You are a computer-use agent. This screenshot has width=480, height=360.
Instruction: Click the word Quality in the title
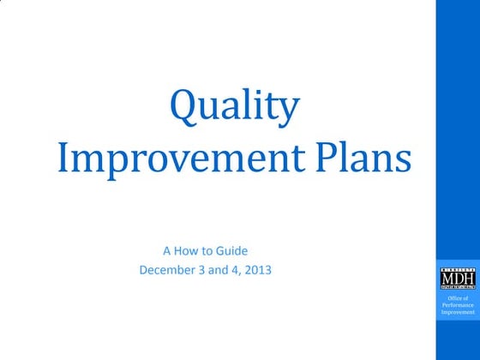click(235, 106)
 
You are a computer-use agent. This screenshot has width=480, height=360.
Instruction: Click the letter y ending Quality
click(291, 110)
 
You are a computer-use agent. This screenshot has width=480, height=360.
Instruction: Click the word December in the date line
click(167, 270)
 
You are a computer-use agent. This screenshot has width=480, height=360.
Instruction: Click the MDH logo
click(456, 279)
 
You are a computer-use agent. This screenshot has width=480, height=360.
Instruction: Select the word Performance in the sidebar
click(457, 305)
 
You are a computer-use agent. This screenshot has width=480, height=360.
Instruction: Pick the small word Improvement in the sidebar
click(457, 312)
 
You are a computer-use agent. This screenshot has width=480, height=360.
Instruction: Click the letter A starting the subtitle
click(166, 251)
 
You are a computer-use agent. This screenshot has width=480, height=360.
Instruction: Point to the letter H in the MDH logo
click(467, 279)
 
